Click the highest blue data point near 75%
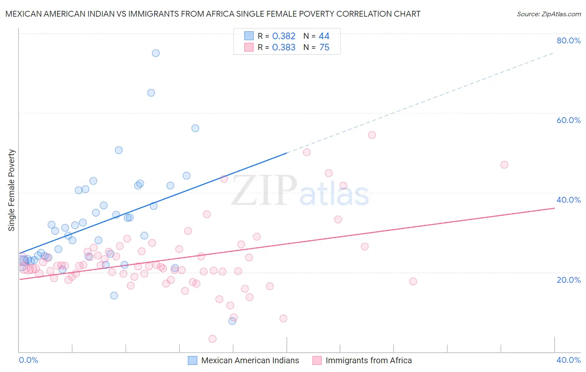pyautogui.click(x=155, y=53)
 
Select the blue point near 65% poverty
pyautogui.click(x=151, y=93)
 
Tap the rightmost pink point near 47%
pyautogui.click(x=504, y=165)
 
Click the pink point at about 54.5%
pyautogui.click(x=372, y=135)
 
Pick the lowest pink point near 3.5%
pyautogui.click(x=213, y=339)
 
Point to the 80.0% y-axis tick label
pyautogui.click(x=568, y=40)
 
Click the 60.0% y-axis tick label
pyautogui.click(x=568, y=120)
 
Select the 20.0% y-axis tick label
pyautogui.click(x=568, y=280)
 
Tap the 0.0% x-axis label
pyautogui.click(x=28, y=360)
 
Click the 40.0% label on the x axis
pyautogui.click(x=568, y=360)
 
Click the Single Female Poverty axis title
pyautogui.click(x=11, y=190)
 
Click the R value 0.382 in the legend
pyautogui.click(x=283, y=36)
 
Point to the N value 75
pyautogui.click(x=324, y=48)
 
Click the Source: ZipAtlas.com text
pyautogui.click(x=548, y=14)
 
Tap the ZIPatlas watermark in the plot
pyautogui.click(x=300, y=191)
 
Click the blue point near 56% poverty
pyautogui.click(x=195, y=128)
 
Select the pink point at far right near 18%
pyautogui.click(x=413, y=282)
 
